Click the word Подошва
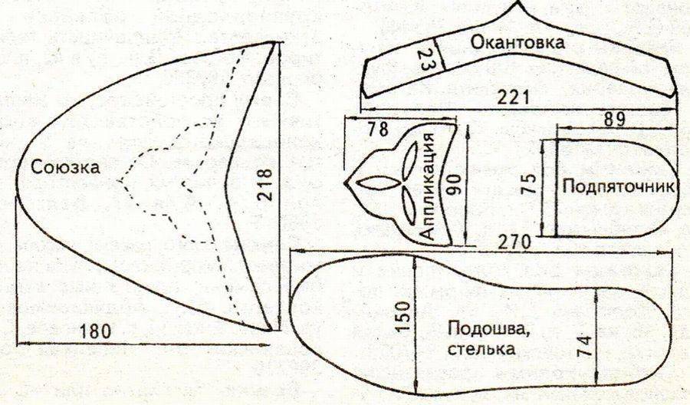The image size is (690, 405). click(x=476, y=328)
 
